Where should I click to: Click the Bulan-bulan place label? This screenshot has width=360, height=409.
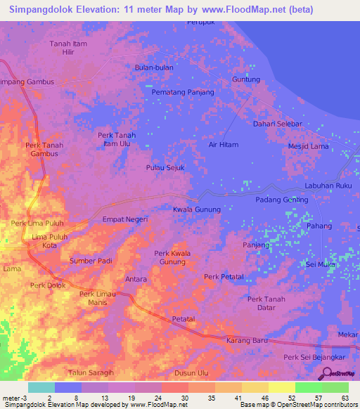pyautogui.click(x=154, y=67)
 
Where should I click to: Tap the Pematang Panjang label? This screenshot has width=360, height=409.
pyautogui.click(x=183, y=91)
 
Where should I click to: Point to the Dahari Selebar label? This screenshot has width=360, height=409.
pyautogui.click(x=277, y=124)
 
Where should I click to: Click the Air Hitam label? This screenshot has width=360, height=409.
pyautogui.click(x=224, y=144)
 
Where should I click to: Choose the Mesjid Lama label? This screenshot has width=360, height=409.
pyautogui.click(x=308, y=146)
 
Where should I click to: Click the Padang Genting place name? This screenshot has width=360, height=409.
pyautogui.click(x=281, y=200)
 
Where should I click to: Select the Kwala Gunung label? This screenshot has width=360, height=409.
pyautogui.click(x=197, y=209)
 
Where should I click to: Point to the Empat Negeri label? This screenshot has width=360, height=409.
pyautogui.click(x=125, y=219)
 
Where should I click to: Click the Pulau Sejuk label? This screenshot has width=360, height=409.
pyautogui.click(x=165, y=168)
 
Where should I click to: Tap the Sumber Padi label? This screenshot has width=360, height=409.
pyautogui.click(x=91, y=261)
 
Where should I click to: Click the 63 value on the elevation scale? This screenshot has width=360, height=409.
pyautogui.click(x=346, y=398)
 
